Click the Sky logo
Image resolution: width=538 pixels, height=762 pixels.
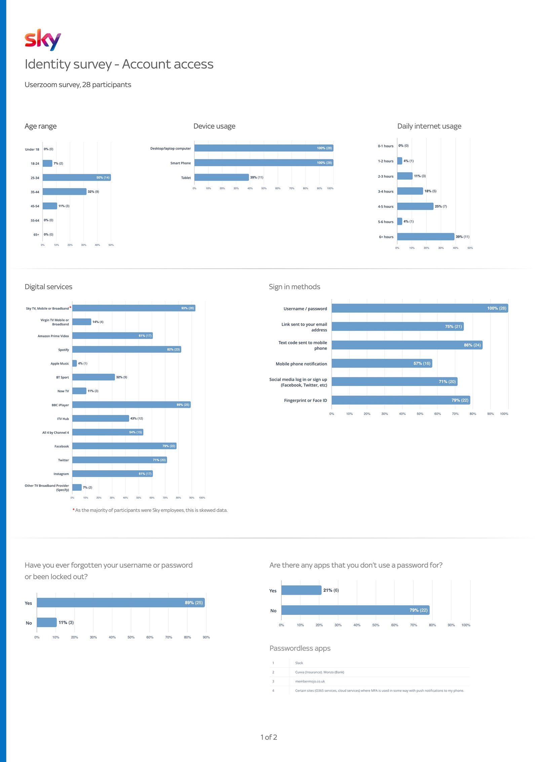click(43, 40)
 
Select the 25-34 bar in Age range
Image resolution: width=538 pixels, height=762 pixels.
click(77, 177)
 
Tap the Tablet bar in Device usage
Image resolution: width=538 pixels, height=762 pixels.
click(221, 177)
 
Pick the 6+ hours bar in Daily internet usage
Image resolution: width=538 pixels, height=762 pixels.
click(425, 237)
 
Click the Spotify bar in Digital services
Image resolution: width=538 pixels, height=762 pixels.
click(126, 349)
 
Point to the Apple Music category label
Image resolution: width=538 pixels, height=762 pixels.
click(60, 363)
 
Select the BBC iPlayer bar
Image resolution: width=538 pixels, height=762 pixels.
click(131, 405)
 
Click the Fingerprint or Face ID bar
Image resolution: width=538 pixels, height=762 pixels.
click(400, 400)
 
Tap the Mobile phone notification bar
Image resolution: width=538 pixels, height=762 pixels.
click(382, 363)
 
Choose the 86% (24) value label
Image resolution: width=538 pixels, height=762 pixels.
click(472, 345)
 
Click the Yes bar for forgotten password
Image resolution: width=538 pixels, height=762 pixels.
click(120, 602)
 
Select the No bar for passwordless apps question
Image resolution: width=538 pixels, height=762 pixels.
click(355, 610)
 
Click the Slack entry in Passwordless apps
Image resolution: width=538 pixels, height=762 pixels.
click(299, 663)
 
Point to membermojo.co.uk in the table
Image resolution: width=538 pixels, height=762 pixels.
click(310, 682)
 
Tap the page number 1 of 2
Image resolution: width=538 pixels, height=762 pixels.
click(269, 737)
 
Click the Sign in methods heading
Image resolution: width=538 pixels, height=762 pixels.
click(294, 287)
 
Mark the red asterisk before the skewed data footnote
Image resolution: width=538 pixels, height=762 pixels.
click(73, 510)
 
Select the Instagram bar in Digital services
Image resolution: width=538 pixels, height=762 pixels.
click(112, 474)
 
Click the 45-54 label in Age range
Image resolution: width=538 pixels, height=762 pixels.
click(35, 206)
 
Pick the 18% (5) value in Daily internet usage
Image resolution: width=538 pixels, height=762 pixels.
click(430, 191)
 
